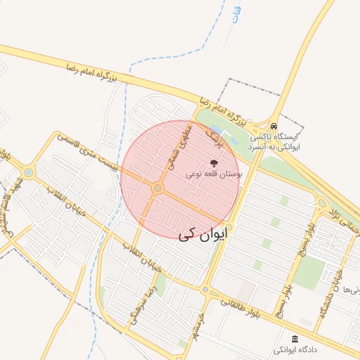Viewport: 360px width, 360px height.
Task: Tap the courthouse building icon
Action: click(295, 339)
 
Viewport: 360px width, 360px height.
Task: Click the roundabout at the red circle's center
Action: click(158, 188)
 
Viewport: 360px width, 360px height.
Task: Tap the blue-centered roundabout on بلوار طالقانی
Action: click(205, 289)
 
